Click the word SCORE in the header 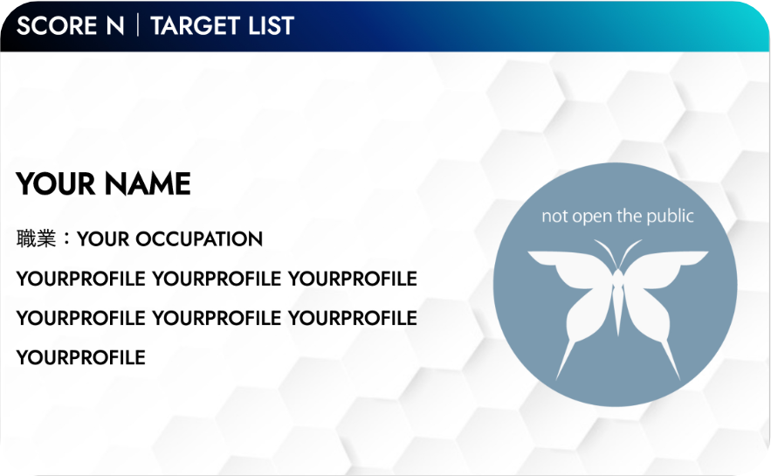[x=57, y=25]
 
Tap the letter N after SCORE [x=115, y=25]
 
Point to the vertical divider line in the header [x=138, y=25]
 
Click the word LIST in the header [x=271, y=25]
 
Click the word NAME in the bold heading [x=148, y=184]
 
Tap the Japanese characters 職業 [x=36, y=238]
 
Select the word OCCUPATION [x=199, y=239]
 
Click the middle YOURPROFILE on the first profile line [x=217, y=279]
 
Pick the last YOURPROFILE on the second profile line [x=353, y=318]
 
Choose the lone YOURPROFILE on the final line [x=80, y=357]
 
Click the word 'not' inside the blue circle [x=554, y=217]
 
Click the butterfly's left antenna [x=606, y=253]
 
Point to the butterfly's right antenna [x=630, y=253]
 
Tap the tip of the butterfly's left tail [x=556, y=380]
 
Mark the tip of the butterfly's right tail [x=679, y=380]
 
